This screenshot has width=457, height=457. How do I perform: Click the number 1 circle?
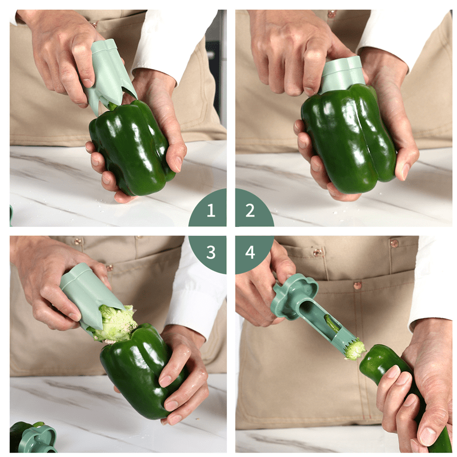(x=210, y=211)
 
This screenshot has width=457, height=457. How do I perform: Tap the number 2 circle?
(x=250, y=211)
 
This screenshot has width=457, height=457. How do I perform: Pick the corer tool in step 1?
(x=109, y=71)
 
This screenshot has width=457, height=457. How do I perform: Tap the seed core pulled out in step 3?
(x=117, y=323)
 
